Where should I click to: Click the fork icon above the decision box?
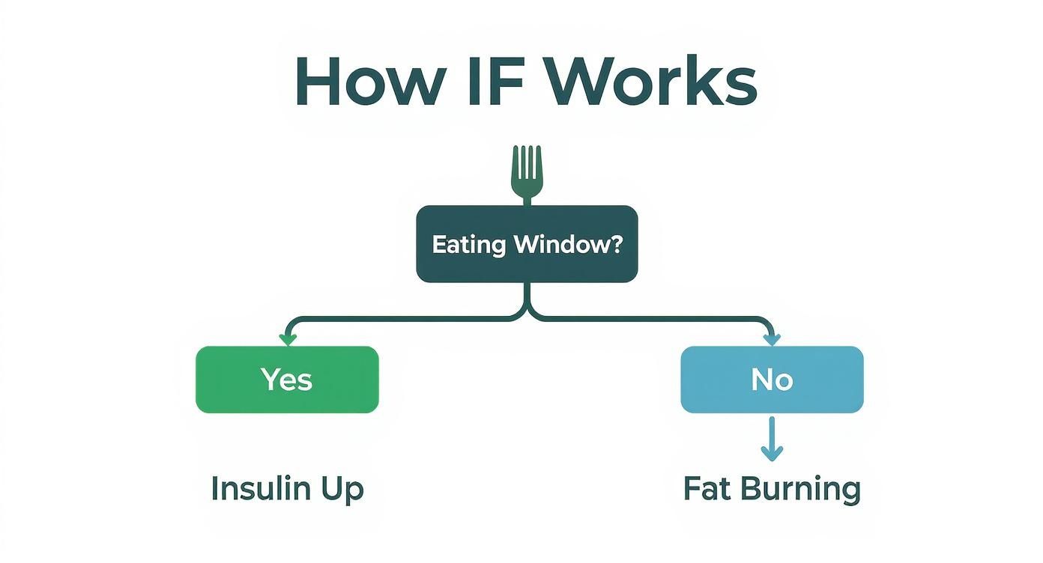point(527,173)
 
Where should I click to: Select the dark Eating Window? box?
point(527,244)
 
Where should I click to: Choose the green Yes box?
point(287,380)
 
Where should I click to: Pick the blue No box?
point(772,380)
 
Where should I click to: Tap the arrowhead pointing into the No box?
point(772,341)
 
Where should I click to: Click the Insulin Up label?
point(287,489)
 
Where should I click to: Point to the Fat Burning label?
point(772,489)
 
